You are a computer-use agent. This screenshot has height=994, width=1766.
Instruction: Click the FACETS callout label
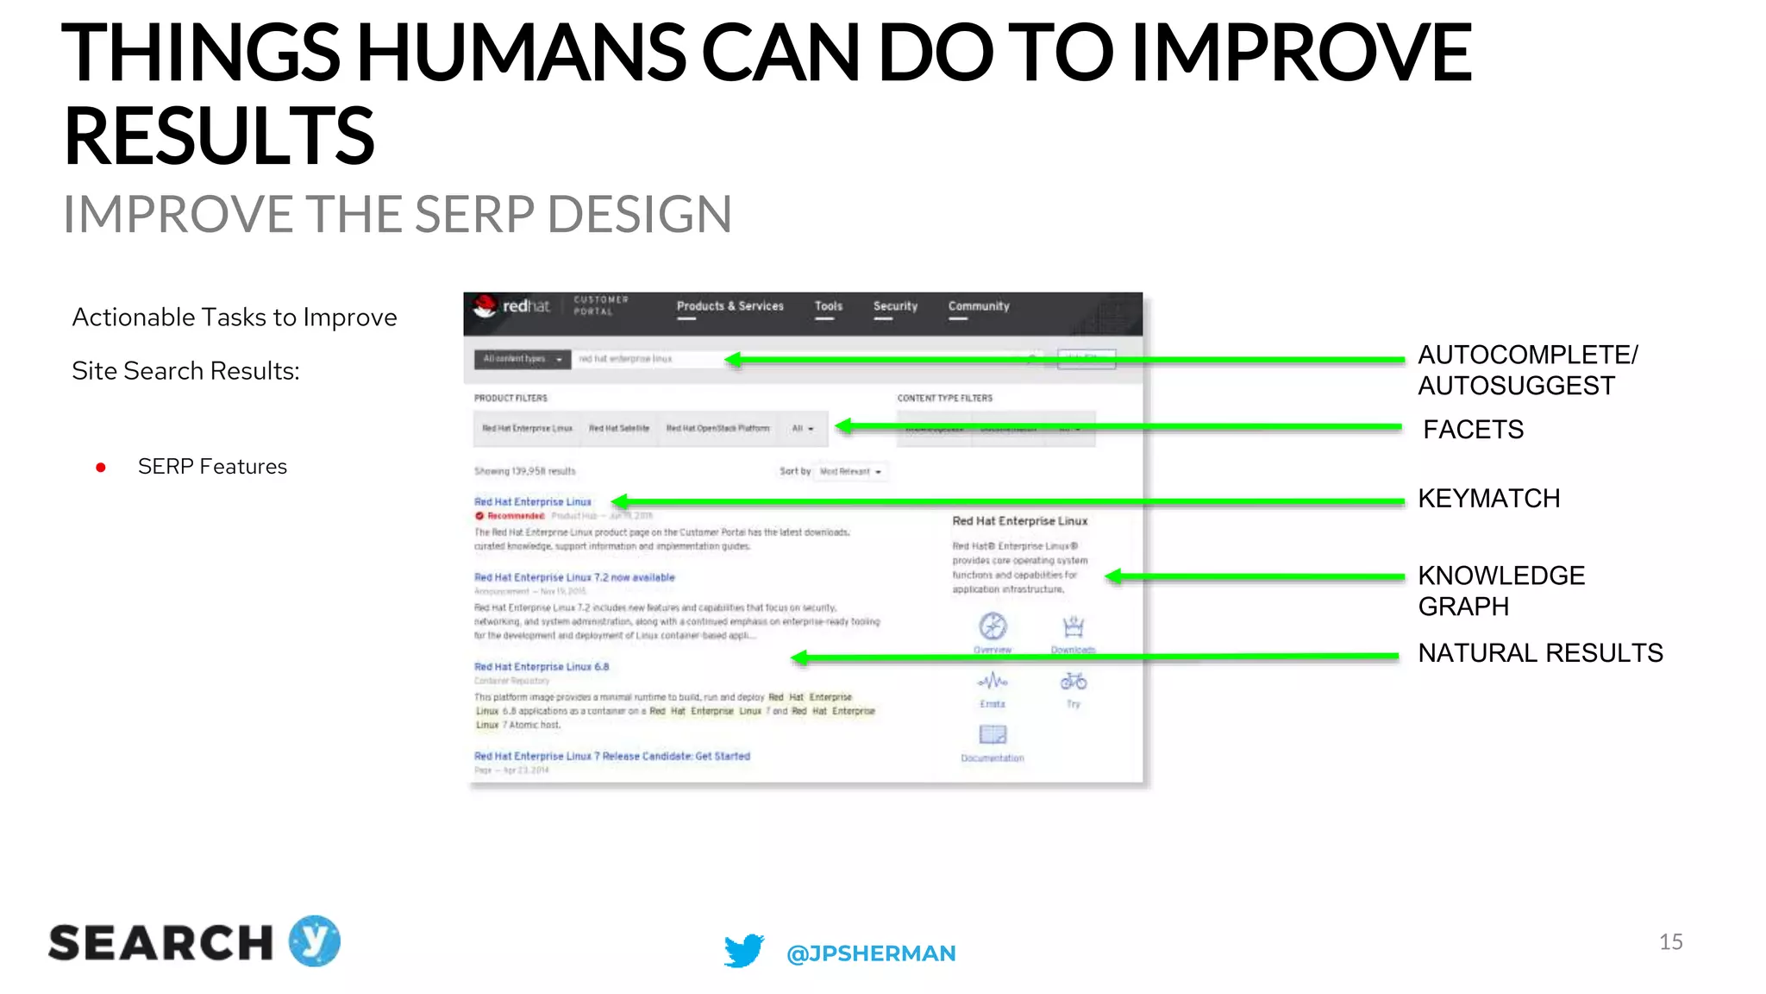pyautogui.click(x=1473, y=429)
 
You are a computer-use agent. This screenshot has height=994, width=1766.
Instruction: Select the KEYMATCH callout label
pyautogui.click(x=1488, y=499)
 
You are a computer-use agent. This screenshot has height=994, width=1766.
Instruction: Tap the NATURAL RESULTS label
pyautogui.click(x=1540, y=653)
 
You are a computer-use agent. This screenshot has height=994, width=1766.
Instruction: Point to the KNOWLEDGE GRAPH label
pyautogui.click(x=1501, y=591)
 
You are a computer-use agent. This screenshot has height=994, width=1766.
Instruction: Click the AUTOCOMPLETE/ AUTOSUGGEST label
pyautogui.click(x=1527, y=370)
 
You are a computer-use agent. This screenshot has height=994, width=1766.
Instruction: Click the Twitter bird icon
pyautogui.click(x=743, y=950)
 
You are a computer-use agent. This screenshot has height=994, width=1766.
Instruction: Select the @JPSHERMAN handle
pyautogui.click(x=871, y=953)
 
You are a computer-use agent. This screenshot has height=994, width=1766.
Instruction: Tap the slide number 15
pyautogui.click(x=1670, y=942)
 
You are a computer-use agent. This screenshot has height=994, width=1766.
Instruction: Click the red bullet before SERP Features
pyautogui.click(x=101, y=468)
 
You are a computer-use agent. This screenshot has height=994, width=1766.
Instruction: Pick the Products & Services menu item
pyautogui.click(x=730, y=306)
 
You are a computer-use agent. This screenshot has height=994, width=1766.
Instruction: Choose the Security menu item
pyautogui.click(x=895, y=306)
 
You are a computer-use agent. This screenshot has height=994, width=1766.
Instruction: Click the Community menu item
pyautogui.click(x=979, y=306)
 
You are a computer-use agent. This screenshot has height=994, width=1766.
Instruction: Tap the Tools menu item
pyautogui.click(x=828, y=306)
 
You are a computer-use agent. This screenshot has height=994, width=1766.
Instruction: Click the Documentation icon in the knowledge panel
pyautogui.click(x=993, y=735)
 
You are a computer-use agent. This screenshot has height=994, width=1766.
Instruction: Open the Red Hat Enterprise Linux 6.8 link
pyautogui.click(x=542, y=667)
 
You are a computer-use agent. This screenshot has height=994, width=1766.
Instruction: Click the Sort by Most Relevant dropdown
pyautogui.click(x=850, y=472)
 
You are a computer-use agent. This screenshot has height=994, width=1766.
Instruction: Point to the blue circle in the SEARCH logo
pyautogui.click(x=315, y=941)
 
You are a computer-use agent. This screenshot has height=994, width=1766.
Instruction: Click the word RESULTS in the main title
pyautogui.click(x=220, y=136)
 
